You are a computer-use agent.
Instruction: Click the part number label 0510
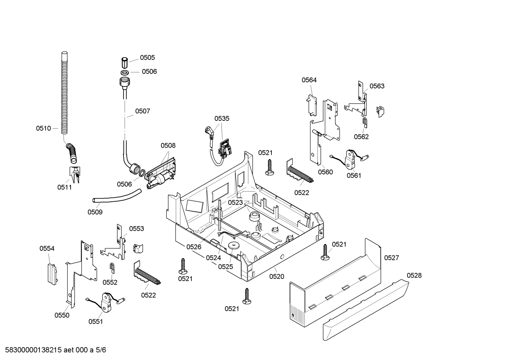click(x=43, y=129)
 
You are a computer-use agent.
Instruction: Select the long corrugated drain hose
click(x=64, y=95)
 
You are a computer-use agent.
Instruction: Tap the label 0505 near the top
click(x=147, y=58)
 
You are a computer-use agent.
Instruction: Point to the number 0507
click(x=143, y=111)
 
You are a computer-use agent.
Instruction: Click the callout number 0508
click(x=168, y=146)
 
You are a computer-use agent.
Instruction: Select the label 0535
click(x=222, y=119)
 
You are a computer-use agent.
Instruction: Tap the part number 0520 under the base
click(x=277, y=277)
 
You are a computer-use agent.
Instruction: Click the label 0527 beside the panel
click(x=391, y=258)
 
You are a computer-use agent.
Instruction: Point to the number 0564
click(x=309, y=80)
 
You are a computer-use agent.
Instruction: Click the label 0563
click(x=377, y=86)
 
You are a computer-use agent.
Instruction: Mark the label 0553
click(x=136, y=229)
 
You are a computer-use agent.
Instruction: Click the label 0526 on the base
click(x=194, y=247)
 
